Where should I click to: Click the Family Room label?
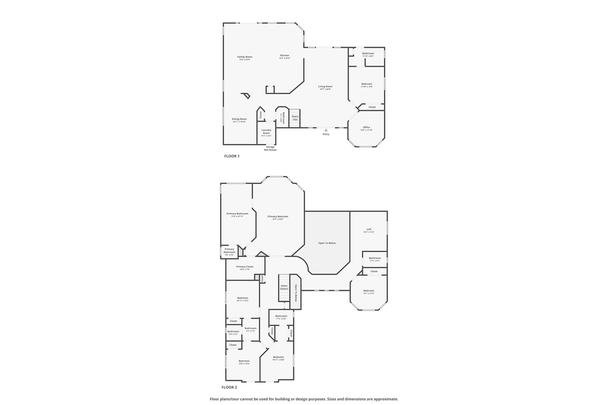coord(244,57)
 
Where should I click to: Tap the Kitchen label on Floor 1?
coord(284,55)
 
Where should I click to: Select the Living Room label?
coord(325,87)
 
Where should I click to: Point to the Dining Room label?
coord(239,119)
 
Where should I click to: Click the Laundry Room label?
coord(266,132)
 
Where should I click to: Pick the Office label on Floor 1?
coord(366,127)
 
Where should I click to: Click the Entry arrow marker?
coord(325,130)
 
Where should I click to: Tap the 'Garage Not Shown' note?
coord(271,148)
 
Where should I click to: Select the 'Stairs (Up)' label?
coord(295,118)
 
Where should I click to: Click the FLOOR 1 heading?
coord(231,156)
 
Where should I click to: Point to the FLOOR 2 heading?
coord(229,388)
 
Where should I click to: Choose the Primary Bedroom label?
coord(278,217)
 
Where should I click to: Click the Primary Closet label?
coord(245,267)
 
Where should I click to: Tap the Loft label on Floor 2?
coord(369,229)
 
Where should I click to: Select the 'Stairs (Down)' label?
coord(284,287)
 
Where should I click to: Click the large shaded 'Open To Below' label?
coord(327,243)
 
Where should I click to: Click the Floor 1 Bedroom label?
coord(366,84)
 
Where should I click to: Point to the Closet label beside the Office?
coord(372,107)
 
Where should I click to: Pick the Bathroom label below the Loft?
coord(375,258)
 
